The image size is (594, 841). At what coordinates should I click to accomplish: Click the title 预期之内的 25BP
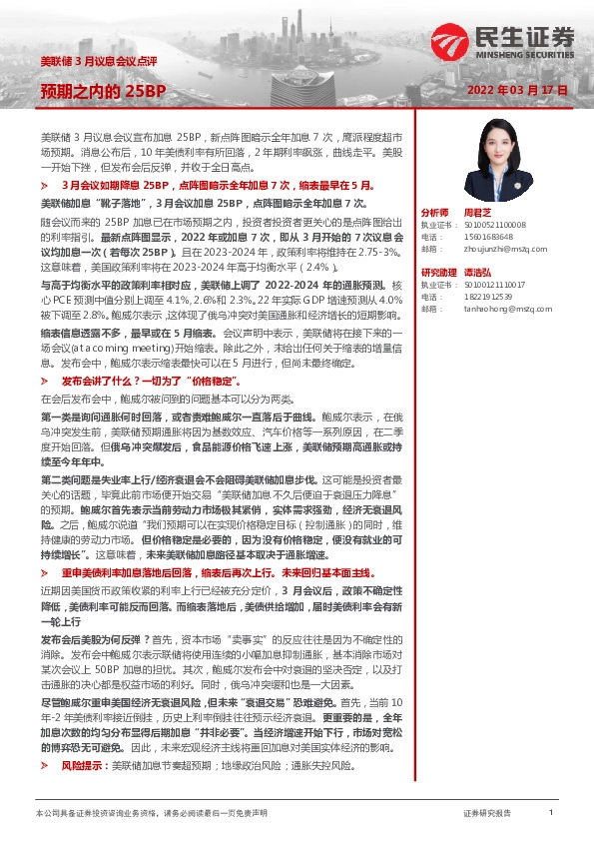click(103, 92)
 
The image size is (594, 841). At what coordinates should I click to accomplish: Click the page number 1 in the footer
click(550, 813)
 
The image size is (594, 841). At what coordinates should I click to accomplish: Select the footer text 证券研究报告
click(487, 814)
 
